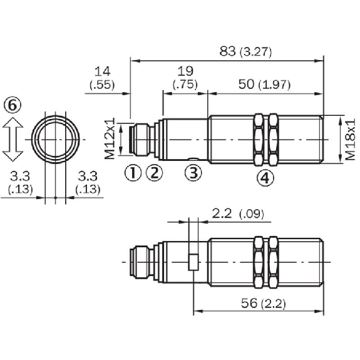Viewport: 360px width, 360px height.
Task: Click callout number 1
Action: (132, 172)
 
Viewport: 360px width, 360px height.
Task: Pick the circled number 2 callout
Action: (155, 172)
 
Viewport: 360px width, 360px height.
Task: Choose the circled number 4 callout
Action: (266, 178)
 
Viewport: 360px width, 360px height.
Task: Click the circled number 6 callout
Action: (13, 105)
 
